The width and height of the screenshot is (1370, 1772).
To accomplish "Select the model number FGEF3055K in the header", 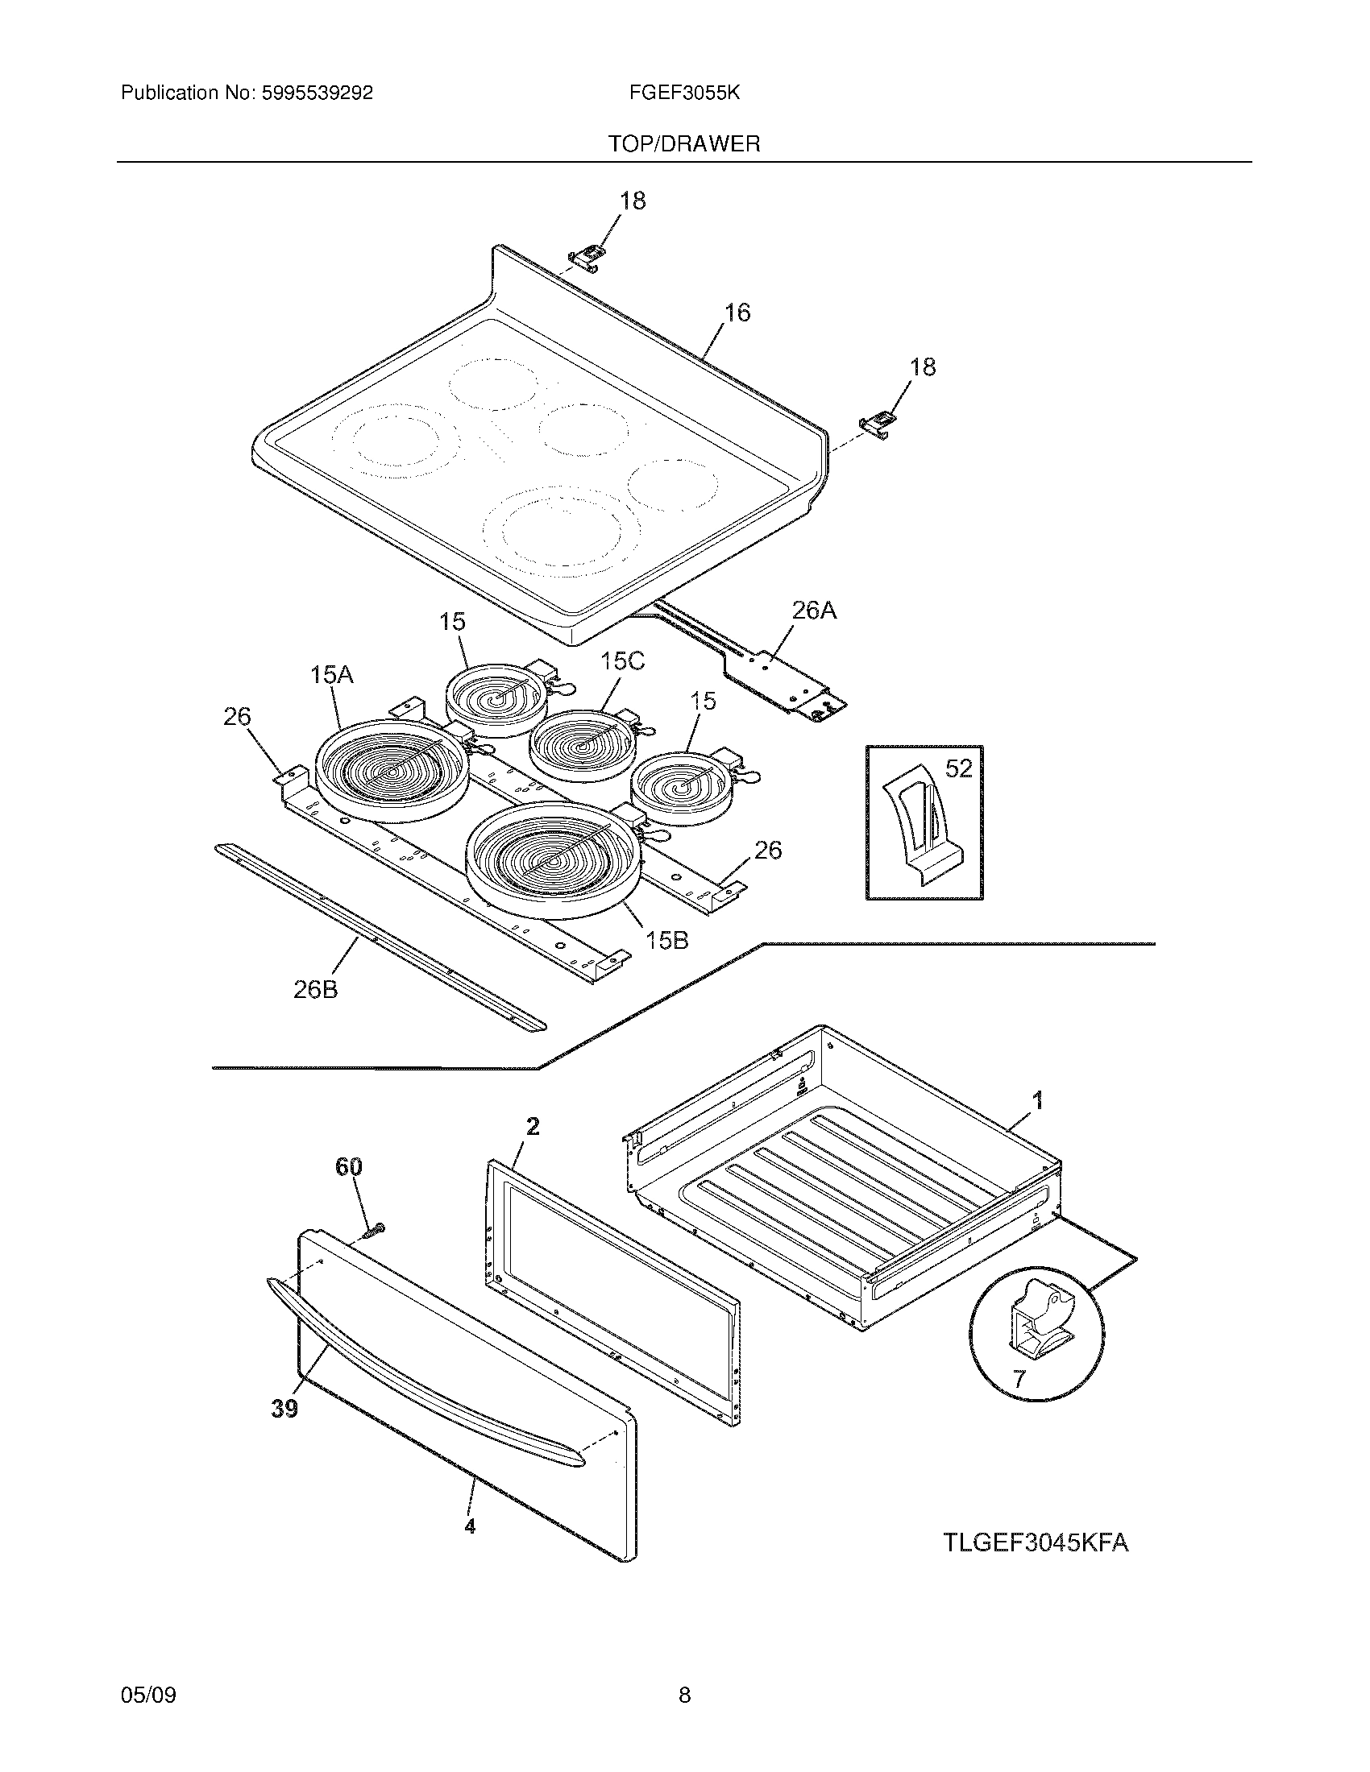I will (684, 93).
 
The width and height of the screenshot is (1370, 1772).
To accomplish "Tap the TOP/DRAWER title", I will (684, 144).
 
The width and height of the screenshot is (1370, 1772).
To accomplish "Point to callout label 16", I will (737, 313).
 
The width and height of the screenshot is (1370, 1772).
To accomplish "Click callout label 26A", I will (813, 611).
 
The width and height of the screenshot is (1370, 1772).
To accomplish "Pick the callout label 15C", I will (622, 661).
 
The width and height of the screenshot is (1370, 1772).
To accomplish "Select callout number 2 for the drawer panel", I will (533, 1126).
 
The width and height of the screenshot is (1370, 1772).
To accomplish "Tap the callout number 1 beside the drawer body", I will (1037, 1101).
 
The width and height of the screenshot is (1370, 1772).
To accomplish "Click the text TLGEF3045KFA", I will (1036, 1542).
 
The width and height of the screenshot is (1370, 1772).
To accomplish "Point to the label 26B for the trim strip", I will (316, 990).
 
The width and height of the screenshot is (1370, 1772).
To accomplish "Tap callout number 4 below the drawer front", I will (470, 1527).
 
